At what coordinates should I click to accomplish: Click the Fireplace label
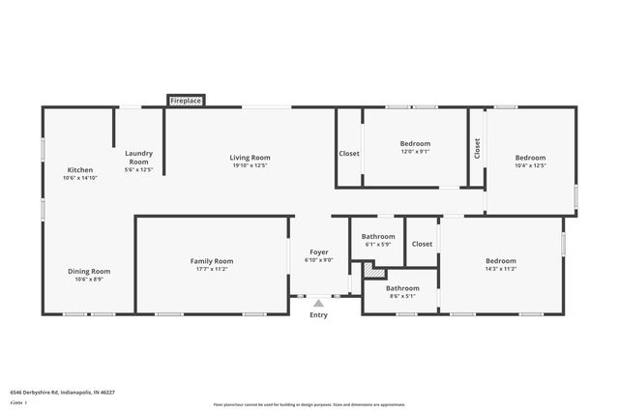tap(187, 101)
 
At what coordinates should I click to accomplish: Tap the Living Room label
tap(250, 158)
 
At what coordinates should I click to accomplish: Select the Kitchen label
tap(80, 170)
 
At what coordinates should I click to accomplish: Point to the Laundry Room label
tap(139, 157)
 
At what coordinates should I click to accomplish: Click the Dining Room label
tap(88, 272)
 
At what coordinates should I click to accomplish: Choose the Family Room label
tap(211, 261)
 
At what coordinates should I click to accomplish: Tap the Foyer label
tap(318, 251)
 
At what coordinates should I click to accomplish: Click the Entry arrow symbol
tap(318, 304)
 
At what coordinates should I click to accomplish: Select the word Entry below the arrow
tap(318, 315)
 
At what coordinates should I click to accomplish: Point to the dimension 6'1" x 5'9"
tap(378, 244)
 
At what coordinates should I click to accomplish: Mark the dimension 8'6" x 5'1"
tap(402, 296)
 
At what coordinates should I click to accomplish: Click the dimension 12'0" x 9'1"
tap(415, 151)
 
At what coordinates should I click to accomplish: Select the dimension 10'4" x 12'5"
tap(530, 165)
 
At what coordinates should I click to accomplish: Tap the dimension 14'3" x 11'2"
tap(500, 268)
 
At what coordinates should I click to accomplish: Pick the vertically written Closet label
tap(477, 148)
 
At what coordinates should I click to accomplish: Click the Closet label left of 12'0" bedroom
tap(349, 154)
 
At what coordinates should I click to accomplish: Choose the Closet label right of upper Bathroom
tap(422, 244)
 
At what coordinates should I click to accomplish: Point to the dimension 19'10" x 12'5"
tap(250, 165)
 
